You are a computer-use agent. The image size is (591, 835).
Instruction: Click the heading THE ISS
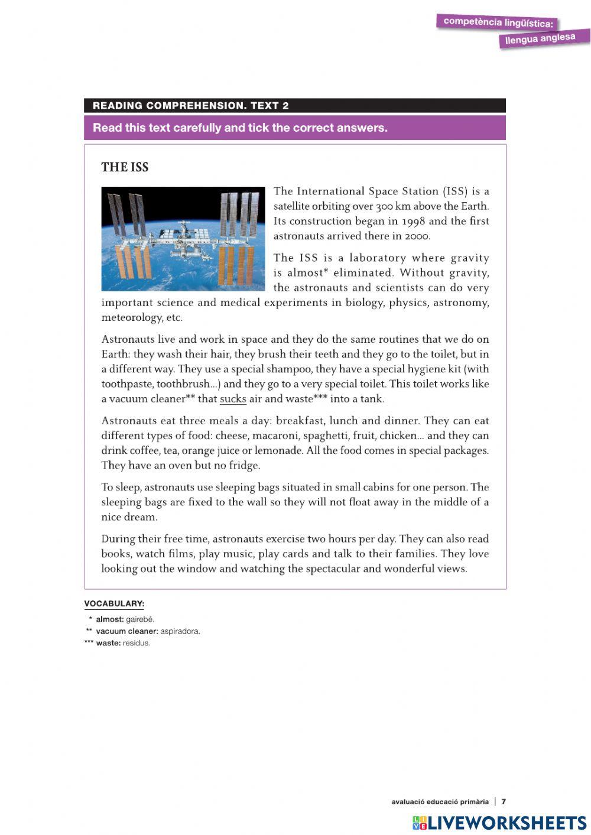pyautogui.click(x=125, y=167)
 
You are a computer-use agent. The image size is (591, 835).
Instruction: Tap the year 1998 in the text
pyautogui.click(x=404, y=221)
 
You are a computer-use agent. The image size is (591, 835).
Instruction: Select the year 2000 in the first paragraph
pyautogui.click(x=417, y=236)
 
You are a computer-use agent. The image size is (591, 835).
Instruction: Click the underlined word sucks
pyautogui.click(x=233, y=399)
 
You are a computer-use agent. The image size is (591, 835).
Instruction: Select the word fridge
pyautogui.click(x=245, y=466)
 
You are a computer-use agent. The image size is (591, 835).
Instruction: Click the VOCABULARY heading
pyautogui.click(x=114, y=603)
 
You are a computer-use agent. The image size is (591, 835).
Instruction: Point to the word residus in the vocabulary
pyautogui.click(x=137, y=643)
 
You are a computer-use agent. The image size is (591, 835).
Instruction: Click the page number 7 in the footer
pyautogui.click(x=504, y=802)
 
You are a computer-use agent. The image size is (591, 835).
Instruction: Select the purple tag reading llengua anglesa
pyautogui.click(x=544, y=39)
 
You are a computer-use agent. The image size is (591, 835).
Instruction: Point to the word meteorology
pyautogui.click(x=131, y=318)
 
